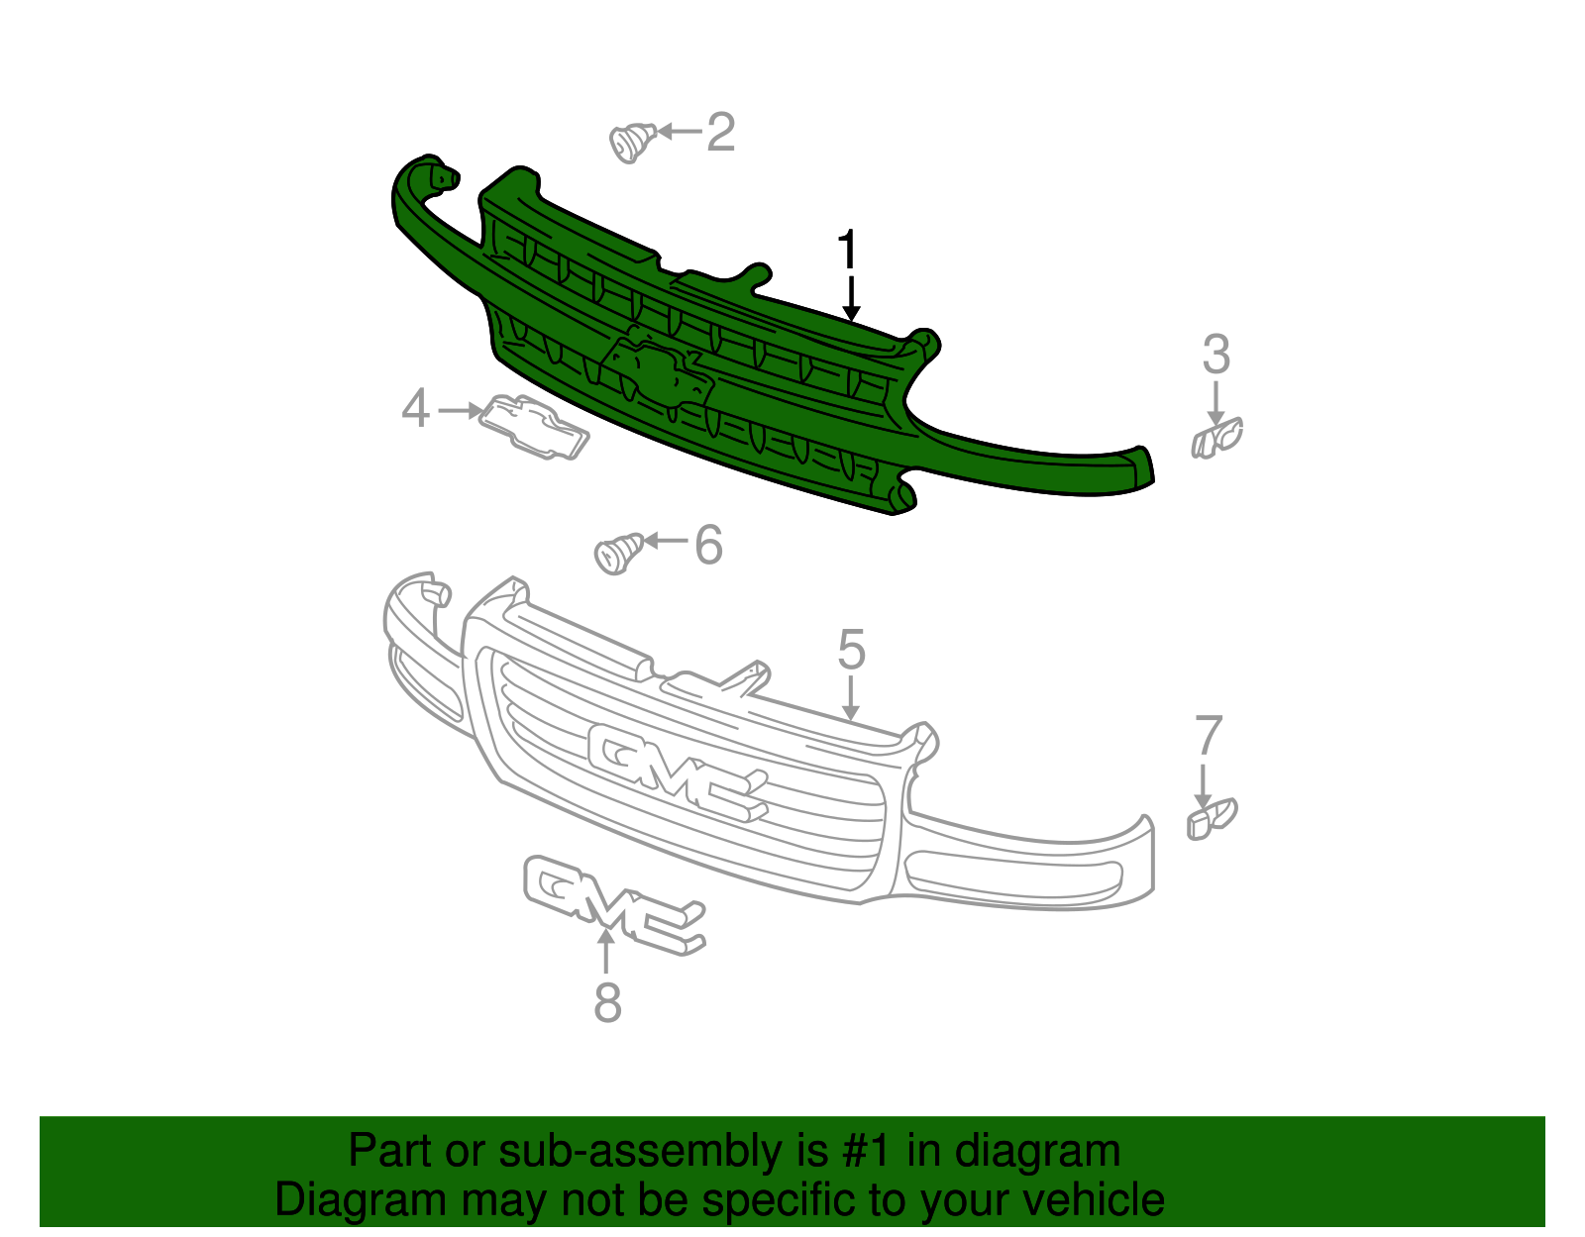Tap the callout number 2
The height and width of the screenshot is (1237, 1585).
[721, 133]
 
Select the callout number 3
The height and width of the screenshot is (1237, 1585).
[1216, 355]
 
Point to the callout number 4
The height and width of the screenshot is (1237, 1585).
[416, 409]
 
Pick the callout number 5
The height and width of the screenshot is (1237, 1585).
[851, 650]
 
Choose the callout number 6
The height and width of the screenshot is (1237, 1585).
[708, 545]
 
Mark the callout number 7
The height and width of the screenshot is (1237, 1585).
[1209, 736]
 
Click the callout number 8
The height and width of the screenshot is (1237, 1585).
[607, 1002]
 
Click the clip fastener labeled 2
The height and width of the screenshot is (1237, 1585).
[631, 142]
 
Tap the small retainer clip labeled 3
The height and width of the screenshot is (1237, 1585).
[1216, 438]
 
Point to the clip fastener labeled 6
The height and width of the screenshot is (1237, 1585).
[618, 552]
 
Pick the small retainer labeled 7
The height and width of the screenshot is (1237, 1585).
[1211, 819]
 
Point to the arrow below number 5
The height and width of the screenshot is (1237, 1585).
[850, 697]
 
